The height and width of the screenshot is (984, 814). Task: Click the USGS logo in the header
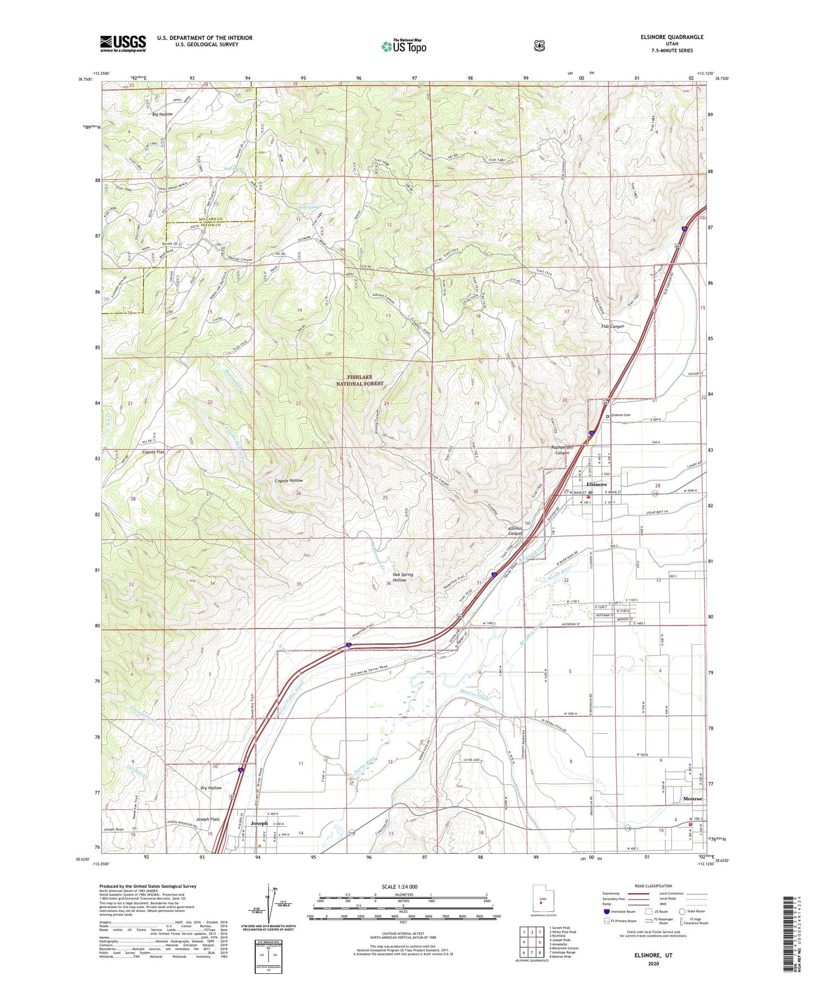pyautogui.click(x=123, y=43)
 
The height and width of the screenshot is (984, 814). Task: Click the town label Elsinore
pyautogui.click(x=597, y=484)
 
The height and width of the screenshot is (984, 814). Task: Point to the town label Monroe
pyautogui.click(x=692, y=799)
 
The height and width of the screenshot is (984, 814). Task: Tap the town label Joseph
pyautogui.click(x=259, y=823)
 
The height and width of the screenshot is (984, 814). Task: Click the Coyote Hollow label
pyautogui.click(x=288, y=480)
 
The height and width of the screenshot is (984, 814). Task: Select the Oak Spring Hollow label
pyautogui.click(x=403, y=577)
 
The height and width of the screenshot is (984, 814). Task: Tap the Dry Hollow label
pyautogui.click(x=211, y=787)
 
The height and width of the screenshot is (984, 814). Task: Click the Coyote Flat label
pyautogui.click(x=153, y=452)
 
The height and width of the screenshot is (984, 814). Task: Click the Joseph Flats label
pyautogui.click(x=207, y=819)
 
